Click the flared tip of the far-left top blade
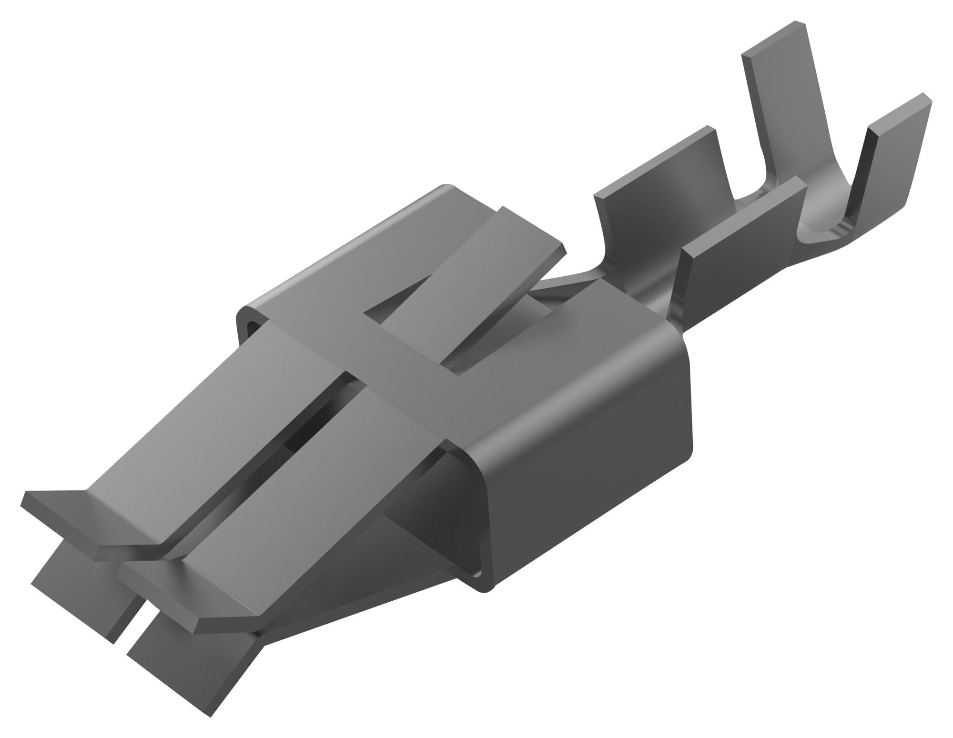tap(86, 524)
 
